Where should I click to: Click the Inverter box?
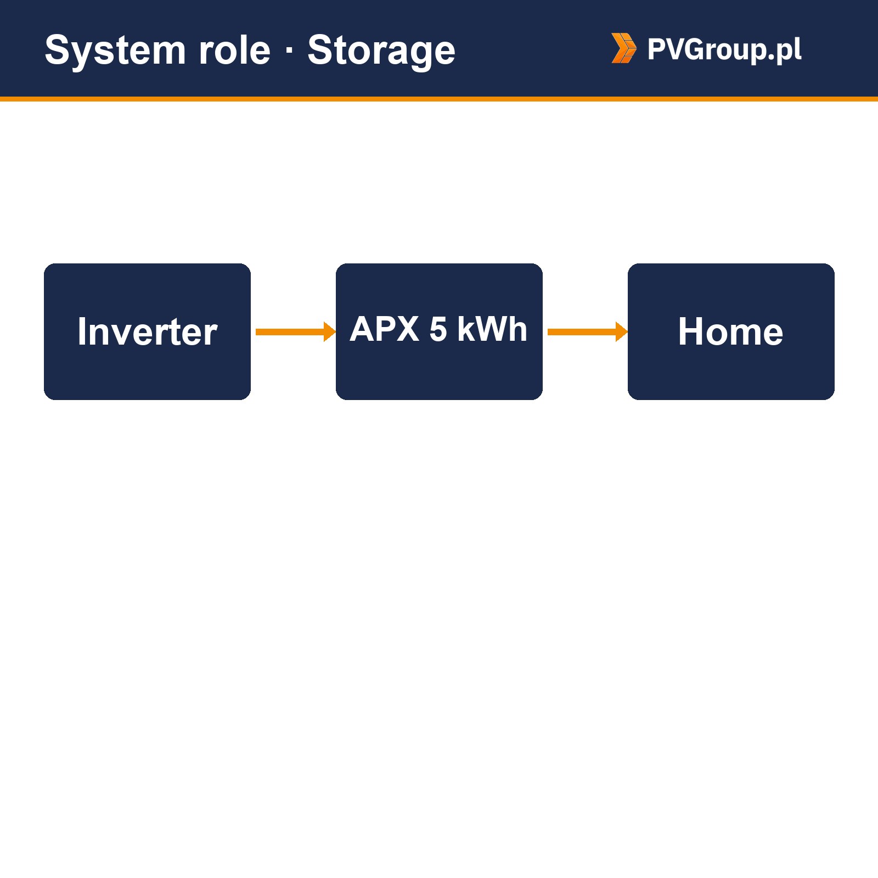[147, 331]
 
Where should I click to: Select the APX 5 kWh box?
[439, 331]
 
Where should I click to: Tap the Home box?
[731, 331]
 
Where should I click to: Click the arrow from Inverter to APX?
[296, 331]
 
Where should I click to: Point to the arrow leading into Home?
[588, 331]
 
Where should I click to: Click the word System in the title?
[116, 51]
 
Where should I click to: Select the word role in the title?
[234, 50]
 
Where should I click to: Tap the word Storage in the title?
[381, 51]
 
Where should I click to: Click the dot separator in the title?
[289, 51]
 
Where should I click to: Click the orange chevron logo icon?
[624, 48]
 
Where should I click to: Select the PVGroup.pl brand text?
[724, 49]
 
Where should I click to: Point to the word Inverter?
[147, 331]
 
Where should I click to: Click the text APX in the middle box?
[385, 329]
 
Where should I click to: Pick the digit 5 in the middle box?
[438, 329]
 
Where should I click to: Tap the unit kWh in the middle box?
[492, 329]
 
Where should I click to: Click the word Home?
[731, 331]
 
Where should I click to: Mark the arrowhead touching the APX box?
[330, 331]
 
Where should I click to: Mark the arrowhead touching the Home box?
[622, 331]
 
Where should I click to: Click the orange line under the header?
[439, 99]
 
